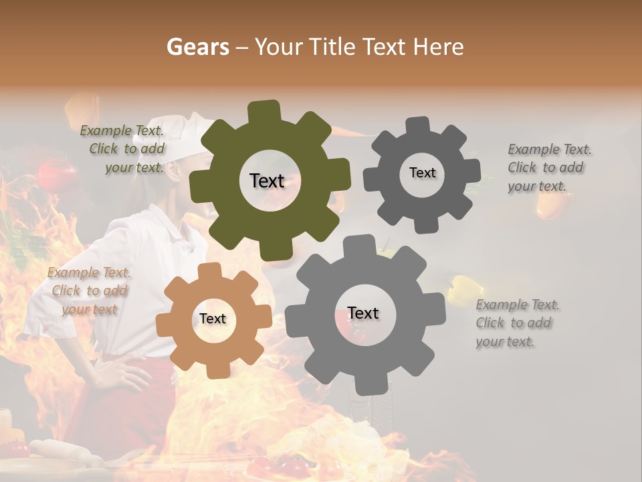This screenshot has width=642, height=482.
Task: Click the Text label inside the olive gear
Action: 267,181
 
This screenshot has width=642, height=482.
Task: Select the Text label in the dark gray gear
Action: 422,173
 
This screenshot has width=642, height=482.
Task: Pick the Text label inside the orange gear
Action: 213,319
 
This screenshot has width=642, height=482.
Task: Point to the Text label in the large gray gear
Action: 363,313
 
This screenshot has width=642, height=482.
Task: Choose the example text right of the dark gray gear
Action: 548,167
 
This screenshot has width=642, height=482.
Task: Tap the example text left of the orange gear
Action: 89,291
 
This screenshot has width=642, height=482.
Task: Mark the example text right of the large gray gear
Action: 517,323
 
